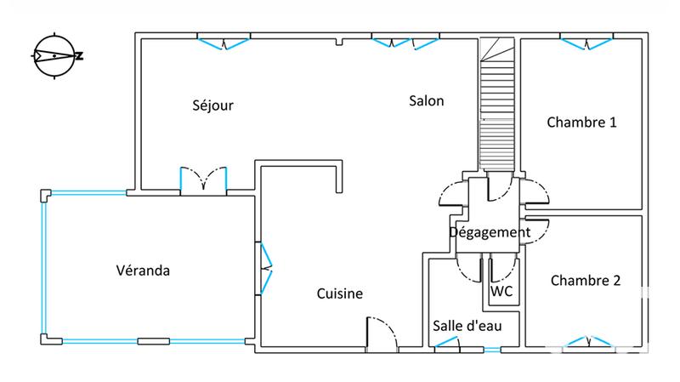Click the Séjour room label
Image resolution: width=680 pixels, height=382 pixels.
(x=212, y=106)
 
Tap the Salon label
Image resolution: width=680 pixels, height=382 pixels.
(x=427, y=100)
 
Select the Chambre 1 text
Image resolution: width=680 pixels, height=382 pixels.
(x=581, y=123)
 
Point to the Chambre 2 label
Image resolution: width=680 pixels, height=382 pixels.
(x=585, y=280)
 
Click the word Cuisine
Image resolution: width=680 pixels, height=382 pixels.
(x=340, y=294)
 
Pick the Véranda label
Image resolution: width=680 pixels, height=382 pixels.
(x=143, y=271)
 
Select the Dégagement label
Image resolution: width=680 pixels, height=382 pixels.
(x=490, y=231)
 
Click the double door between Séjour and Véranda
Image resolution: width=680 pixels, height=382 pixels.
(x=204, y=180)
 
